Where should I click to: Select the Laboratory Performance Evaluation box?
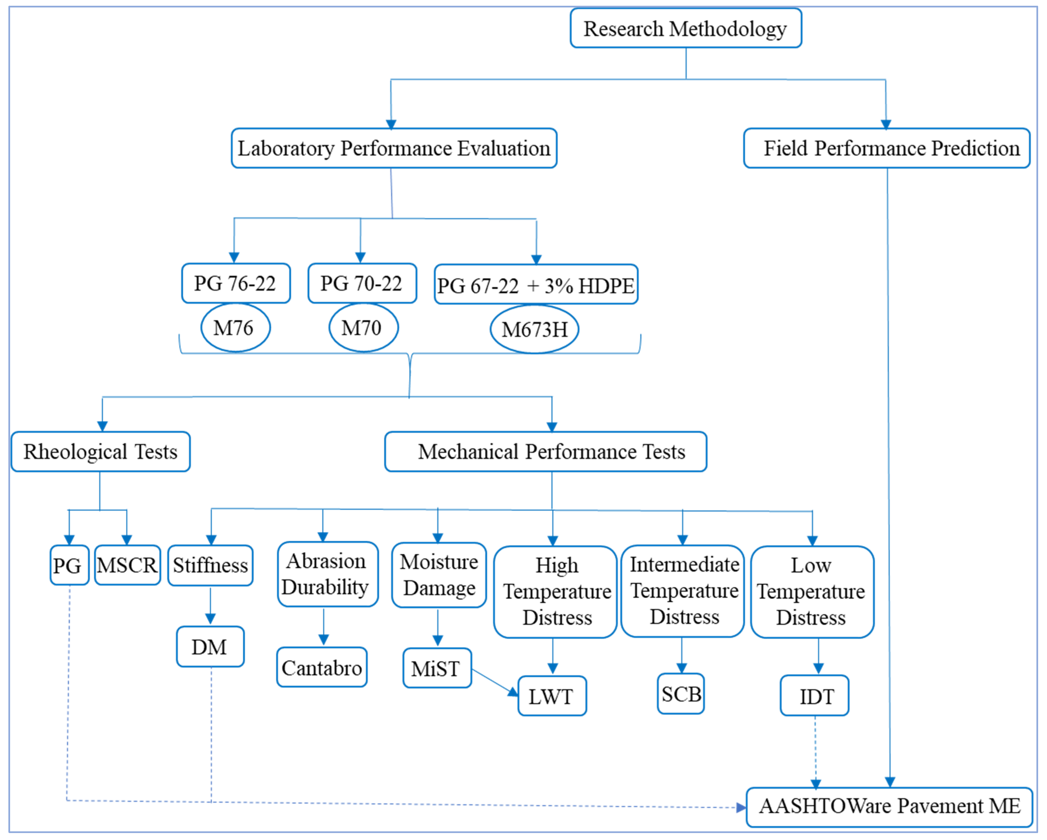[394, 148]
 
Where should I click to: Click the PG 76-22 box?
[236, 283]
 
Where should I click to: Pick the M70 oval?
[363, 328]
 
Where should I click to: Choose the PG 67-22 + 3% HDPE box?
[536, 285]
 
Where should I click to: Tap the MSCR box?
[127, 565]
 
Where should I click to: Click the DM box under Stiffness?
[210, 647]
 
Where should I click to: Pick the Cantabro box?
[322, 667]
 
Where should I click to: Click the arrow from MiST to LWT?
[494, 682]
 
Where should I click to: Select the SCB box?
[681, 694]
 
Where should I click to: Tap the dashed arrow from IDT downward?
[815, 751]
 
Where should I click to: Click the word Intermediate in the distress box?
[684, 565]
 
